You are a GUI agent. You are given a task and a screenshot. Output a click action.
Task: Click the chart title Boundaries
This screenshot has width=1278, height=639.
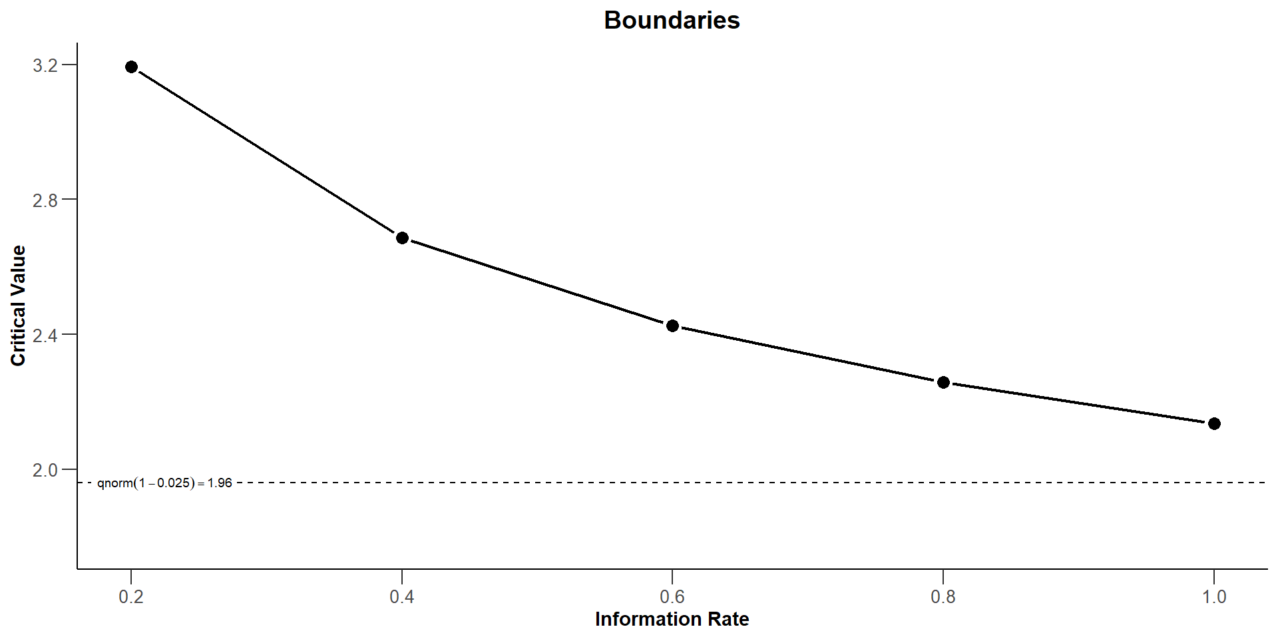[x=672, y=21]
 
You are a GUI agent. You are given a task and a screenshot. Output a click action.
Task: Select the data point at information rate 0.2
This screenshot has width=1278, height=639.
[x=131, y=67]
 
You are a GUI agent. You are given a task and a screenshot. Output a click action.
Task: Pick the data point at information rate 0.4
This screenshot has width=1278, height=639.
[x=402, y=238]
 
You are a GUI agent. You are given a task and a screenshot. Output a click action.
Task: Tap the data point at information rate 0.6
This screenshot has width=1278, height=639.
[x=672, y=325]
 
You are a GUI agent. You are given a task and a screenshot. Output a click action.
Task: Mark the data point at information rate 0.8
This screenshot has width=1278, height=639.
[x=943, y=383]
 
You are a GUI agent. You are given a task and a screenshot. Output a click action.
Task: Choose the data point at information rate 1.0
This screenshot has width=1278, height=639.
[x=1214, y=424]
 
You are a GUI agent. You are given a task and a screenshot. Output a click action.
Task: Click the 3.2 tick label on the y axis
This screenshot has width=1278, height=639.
[x=45, y=65]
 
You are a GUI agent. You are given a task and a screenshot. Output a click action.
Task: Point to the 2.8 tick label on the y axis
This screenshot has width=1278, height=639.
[x=45, y=200]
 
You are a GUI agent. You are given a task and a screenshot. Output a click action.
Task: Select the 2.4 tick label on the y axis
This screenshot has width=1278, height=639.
[x=45, y=335]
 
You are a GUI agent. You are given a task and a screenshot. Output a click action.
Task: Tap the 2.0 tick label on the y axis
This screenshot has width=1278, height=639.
[x=45, y=470]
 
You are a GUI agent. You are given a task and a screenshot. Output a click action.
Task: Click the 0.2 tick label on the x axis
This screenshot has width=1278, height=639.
[x=131, y=596]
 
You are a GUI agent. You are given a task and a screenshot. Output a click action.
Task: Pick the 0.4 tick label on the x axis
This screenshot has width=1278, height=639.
[x=402, y=596]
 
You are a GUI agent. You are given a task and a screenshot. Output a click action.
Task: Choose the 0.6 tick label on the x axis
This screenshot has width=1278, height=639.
[x=672, y=596]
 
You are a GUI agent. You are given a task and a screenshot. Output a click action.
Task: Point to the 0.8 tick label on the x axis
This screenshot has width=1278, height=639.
[x=943, y=596]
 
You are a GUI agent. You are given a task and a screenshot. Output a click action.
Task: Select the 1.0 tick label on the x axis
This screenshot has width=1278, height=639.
[x=1214, y=596]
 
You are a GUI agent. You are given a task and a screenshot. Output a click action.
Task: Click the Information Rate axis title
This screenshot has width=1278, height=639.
[x=672, y=619]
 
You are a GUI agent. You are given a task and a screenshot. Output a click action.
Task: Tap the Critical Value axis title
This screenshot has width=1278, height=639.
[x=18, y=306]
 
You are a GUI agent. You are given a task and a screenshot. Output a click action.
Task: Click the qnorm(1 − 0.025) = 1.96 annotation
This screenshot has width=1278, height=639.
[x=164, y=483]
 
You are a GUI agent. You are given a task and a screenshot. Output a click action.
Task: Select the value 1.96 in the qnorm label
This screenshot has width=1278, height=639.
[x=220, y=483]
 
